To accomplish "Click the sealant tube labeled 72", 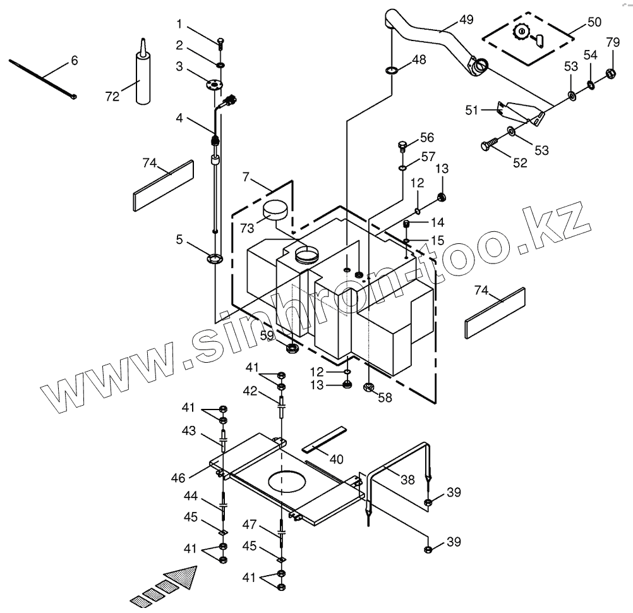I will (x=143, y=78).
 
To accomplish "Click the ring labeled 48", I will (x=390, y=69).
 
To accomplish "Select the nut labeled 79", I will (x=611, y=73).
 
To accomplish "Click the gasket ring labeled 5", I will (x=215, y=257).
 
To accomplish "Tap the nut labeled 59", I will (x=292, y=347).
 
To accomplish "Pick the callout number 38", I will (x=408, y=480).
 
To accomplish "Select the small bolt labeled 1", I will (x=219, y=43).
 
